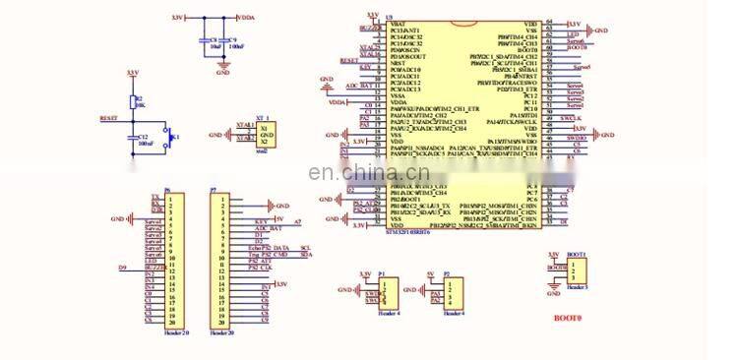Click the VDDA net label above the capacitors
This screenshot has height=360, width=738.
pyautogui.click(x=246, y=17)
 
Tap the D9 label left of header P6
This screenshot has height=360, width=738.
pyautogui.click(x=123, y=267)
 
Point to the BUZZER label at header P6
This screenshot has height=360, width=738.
pyautogui.click(x=153, y=267)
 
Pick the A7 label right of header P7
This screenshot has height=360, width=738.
pyautogui.click(x=298, y=222)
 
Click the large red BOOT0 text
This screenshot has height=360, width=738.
pyautogui.click(x=567, y=319)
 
